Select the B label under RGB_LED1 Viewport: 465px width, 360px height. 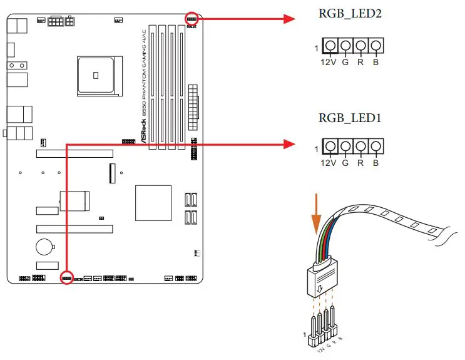[376, 163]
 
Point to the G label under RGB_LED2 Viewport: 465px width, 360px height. [345, 62]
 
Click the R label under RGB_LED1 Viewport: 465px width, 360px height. [360, 163]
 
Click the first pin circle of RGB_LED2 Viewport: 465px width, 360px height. [330, 46]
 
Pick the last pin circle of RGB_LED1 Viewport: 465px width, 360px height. [375, 147]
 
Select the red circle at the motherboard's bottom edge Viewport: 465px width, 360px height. [67, 277]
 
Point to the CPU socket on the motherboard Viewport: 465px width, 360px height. [95, 75]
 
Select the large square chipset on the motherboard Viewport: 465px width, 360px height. [153, 203]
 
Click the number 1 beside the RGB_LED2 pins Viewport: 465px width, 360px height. [317, 47]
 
